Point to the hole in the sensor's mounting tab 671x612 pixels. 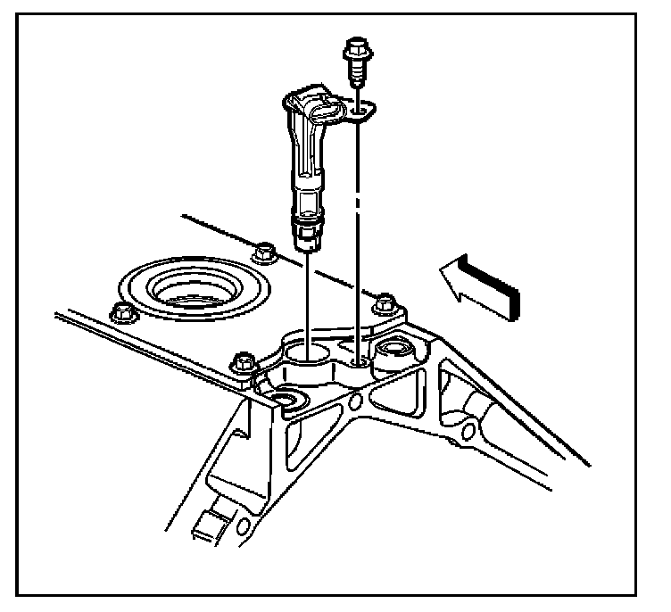360,112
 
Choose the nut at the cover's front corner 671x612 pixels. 239,363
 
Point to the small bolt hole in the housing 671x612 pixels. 356,361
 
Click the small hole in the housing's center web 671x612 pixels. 356,402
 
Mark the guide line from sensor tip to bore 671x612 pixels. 306,294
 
